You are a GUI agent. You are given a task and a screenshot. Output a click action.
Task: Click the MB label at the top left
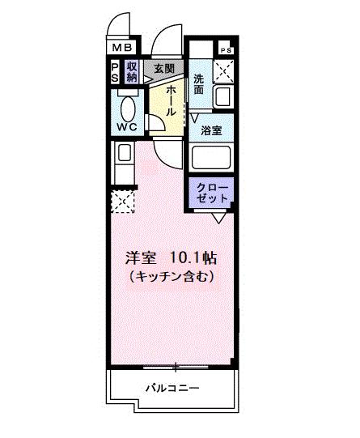pos(120,49)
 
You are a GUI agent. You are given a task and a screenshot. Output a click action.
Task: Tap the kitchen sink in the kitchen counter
pos(123,153)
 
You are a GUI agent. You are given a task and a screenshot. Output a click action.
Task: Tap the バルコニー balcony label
pos(172,389)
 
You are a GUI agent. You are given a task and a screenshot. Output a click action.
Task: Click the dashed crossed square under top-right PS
pos(223,73)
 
